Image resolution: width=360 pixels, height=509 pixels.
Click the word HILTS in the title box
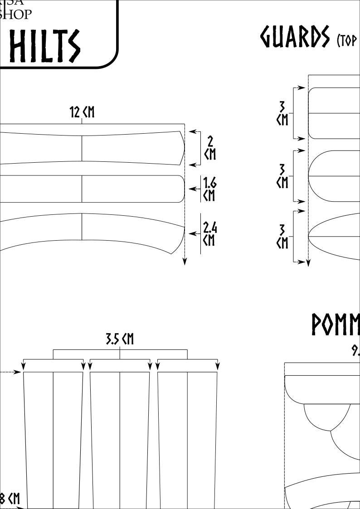click(x=44, y=46)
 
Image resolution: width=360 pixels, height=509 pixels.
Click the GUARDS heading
click(x=295, y=37)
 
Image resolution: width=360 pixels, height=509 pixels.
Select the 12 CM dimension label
click(x=82, y=112)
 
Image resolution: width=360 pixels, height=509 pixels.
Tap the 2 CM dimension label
click(x=210, y=148)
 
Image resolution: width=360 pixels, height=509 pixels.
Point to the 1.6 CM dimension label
click(x=209, y=189)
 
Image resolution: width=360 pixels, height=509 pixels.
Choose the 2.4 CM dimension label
click(x=209, y=233)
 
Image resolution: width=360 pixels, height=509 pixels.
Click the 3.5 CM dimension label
click(x=120, y=339)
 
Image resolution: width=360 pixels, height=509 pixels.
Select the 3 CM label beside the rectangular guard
click(x=282, y=113)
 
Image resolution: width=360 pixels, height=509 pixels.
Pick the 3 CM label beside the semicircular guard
click(x=282, y=176)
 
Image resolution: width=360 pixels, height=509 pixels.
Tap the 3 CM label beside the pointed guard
click(x=282, y=236)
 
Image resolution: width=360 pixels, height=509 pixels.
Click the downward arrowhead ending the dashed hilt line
click(x=185, y=262)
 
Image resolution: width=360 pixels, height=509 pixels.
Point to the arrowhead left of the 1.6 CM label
click(x=192, y=189)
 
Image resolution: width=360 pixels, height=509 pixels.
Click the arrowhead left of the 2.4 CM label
click(x=192, y=234)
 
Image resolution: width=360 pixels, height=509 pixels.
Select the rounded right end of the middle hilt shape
click(x=183, y=189)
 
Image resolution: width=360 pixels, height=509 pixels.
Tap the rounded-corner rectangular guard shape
click(x=333, y=113)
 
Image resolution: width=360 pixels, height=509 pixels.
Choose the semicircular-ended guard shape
click(x=333, y=176)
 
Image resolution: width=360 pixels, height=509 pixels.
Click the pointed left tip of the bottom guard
click(x=309, y=236)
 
